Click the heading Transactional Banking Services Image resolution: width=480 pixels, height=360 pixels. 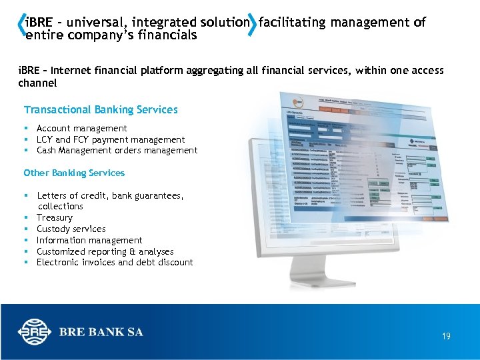coord(101,109)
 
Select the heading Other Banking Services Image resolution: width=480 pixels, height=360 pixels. coord(74,173)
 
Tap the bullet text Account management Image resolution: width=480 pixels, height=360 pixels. coord(81,128)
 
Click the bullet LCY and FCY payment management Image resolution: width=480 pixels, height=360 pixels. coord(111,139)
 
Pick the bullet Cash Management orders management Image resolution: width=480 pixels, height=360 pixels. coord(117,150)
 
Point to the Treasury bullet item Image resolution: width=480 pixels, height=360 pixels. coord(55,217)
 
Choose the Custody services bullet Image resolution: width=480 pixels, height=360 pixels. coord(71,229)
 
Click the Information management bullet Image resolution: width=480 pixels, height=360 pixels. coord(89,240)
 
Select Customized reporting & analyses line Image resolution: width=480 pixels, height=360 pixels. coord(105,251)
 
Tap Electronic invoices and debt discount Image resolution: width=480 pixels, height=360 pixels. coord(115,262)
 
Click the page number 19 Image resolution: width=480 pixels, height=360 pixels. coord(446,336)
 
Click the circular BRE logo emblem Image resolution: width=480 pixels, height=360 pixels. coord(35,332)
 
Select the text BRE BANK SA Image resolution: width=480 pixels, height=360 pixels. coord(101,332)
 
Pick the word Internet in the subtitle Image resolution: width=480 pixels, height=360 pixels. coord(73,70)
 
